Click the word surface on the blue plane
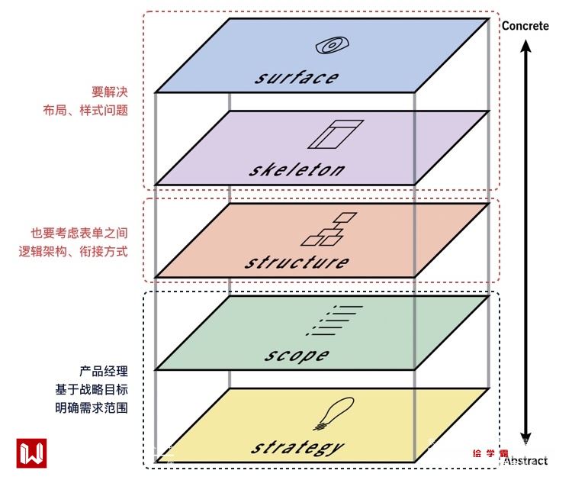297,77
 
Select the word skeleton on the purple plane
297,169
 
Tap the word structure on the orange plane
297,262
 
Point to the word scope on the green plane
297,355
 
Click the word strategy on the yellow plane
297,447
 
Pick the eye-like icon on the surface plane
329,47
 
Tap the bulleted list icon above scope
333,321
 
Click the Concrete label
525,26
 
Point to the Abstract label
526,461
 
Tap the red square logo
31,453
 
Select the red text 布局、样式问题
85,110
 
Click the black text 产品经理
103,372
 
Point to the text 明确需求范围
91,408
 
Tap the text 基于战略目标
91,390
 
